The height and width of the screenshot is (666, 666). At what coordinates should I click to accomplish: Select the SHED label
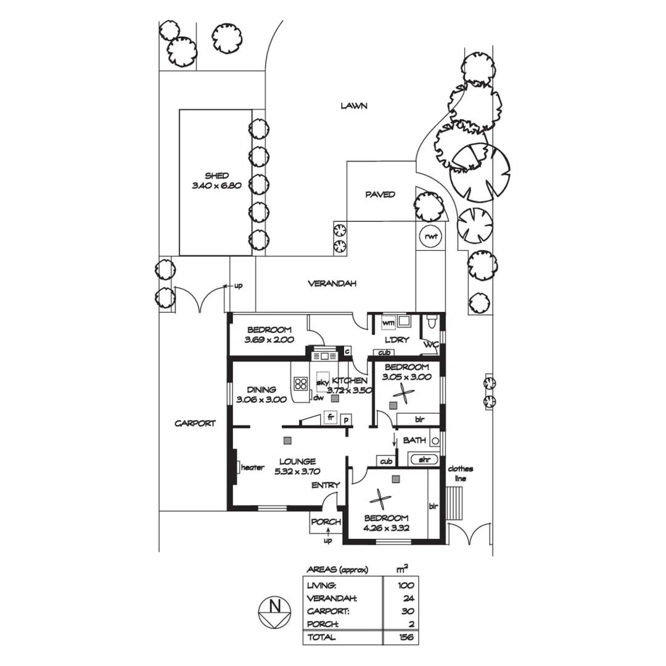tap(216, 176)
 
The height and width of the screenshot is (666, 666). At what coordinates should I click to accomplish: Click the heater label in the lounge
tap(252, 467)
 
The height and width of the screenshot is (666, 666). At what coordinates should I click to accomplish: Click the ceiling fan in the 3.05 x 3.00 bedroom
tap(405, 393)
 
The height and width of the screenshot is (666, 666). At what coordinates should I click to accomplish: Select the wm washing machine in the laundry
tap(388, 323)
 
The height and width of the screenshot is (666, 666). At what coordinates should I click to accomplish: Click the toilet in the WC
tap(432, 322)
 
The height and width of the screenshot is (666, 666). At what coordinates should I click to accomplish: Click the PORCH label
tap(326, 522)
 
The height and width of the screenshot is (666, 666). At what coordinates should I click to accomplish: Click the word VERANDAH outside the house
tap(333, 284)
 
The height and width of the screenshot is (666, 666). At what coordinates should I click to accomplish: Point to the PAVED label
tap(380, 195)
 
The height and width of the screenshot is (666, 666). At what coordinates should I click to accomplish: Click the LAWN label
tap(354, 106)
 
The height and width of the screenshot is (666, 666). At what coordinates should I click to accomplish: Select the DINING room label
tap(261, 390)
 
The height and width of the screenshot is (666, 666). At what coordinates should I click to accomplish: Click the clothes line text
tap(460, 473)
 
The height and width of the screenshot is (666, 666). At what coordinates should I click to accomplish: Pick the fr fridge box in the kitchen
tap(331, 418)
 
